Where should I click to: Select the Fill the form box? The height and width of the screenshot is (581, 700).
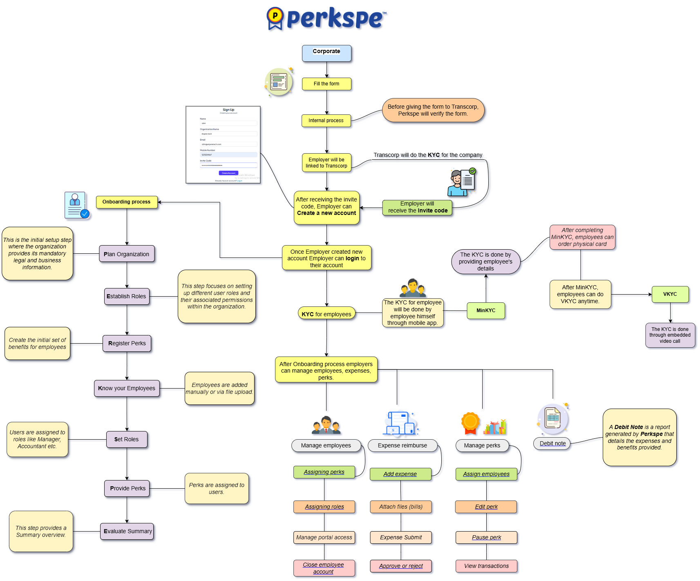click(x=327, y=84)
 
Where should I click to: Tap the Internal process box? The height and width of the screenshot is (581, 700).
click(x=326, y=121)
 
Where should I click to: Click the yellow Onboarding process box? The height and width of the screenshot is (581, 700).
click(x=127, y=202)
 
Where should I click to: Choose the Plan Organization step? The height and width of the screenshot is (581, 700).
click(x=127, y=254)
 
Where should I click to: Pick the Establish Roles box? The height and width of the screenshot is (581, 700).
click(x=127, y=296)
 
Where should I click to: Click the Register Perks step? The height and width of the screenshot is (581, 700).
click(x=127, y=343)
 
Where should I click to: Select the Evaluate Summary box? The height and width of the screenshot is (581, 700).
click(x=127, y=531)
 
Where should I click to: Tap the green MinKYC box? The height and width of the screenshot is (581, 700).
click(x=486, y=311)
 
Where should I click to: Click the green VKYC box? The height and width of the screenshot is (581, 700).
click(x=670, y=294)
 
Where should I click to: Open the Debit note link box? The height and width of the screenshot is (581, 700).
click(x=552, y=443)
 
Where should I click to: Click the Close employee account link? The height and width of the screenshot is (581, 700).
click(x=324, y=568)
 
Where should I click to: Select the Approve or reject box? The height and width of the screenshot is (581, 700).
click(x=401, y=566)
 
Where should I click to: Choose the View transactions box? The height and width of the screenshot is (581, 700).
click(x=486, y=566)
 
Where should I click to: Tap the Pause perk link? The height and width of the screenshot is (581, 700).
click(x=486, y=537)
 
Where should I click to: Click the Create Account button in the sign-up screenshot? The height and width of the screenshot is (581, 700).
click(x=228, y=173)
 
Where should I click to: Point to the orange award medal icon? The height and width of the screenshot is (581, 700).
click(x=470, y=422)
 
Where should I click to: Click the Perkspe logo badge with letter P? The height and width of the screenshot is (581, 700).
click(x=275, y=18)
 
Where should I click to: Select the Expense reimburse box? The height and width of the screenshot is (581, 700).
click(x=403, y=445)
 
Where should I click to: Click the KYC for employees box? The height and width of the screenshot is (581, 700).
click(x=327, y=314)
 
